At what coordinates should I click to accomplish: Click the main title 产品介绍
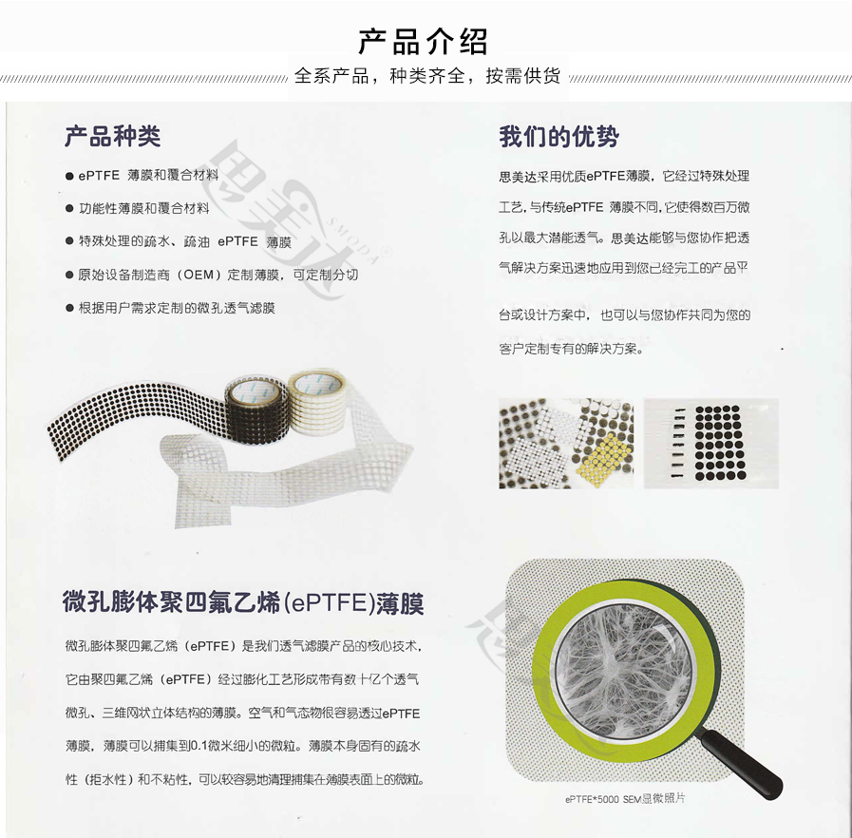[424, 41]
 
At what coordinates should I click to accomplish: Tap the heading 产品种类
[113, 137]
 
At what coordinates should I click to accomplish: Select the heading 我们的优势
[559, 137]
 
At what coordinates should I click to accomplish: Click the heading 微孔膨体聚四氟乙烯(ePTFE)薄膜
[243, 603]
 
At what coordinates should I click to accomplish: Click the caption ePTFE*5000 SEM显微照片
[624, 798]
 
